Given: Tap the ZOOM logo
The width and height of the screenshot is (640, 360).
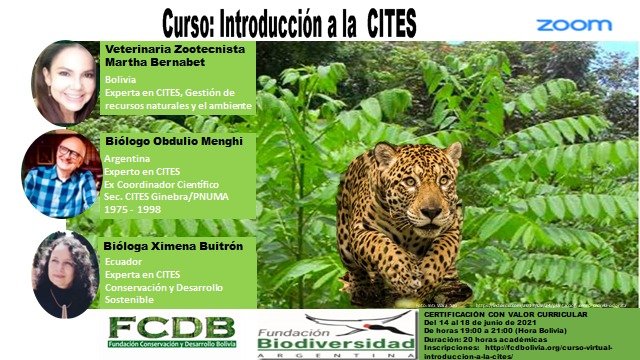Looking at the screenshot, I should (x=573, y=24).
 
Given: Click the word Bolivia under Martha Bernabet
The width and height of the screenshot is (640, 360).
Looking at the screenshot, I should (x=123, y=79).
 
